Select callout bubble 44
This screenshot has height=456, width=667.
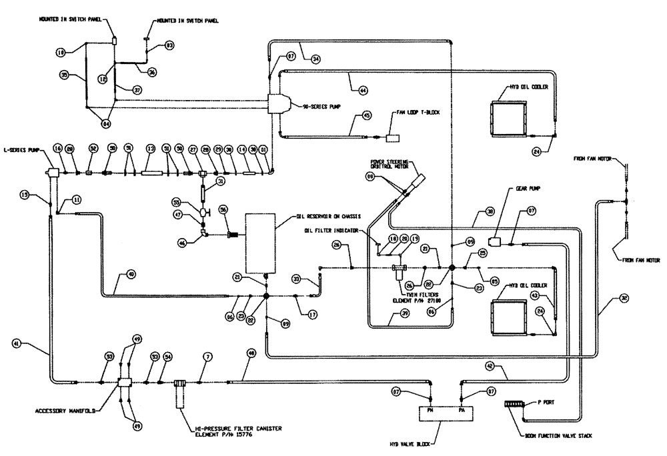(362, 89)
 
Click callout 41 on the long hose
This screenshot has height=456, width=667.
(16, 343)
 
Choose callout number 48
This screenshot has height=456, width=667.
(251, 355)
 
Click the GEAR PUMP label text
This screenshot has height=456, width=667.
(526, 189)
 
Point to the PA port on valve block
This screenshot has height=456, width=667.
(462, 411)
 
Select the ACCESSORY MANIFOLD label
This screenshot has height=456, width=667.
(58, 411)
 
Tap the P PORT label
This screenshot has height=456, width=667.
(549, 403)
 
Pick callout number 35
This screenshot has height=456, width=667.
(65, 75)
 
